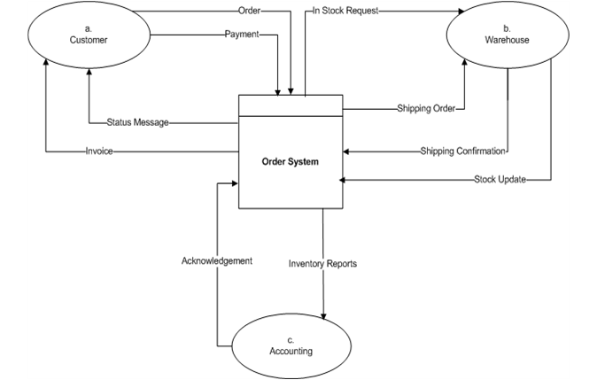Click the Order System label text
pyautogui.click(x=290, y=161)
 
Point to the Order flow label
pyautogui.click(x=249, y=12)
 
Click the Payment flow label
pyautogui.click(x=242, y=35)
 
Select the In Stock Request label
pyautogui.click(x=345, y=12)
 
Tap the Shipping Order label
pyautogui.click(x=426, y=109)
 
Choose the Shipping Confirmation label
pyautogui.click(x=463, y=151)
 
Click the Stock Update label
pyautogui.click(x=500, y=180)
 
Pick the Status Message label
pyautogui.click(x=137, y=122)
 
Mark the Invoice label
pyautogui.click(x=99, y=151)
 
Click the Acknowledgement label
pyautogui.click(x=217, y=261)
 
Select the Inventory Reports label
pyautogui.click(x=322, y=263)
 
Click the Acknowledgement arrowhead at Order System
pyautogui.click(x=235, y=183)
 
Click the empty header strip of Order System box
pyautogui.click(x=290, y=105)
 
